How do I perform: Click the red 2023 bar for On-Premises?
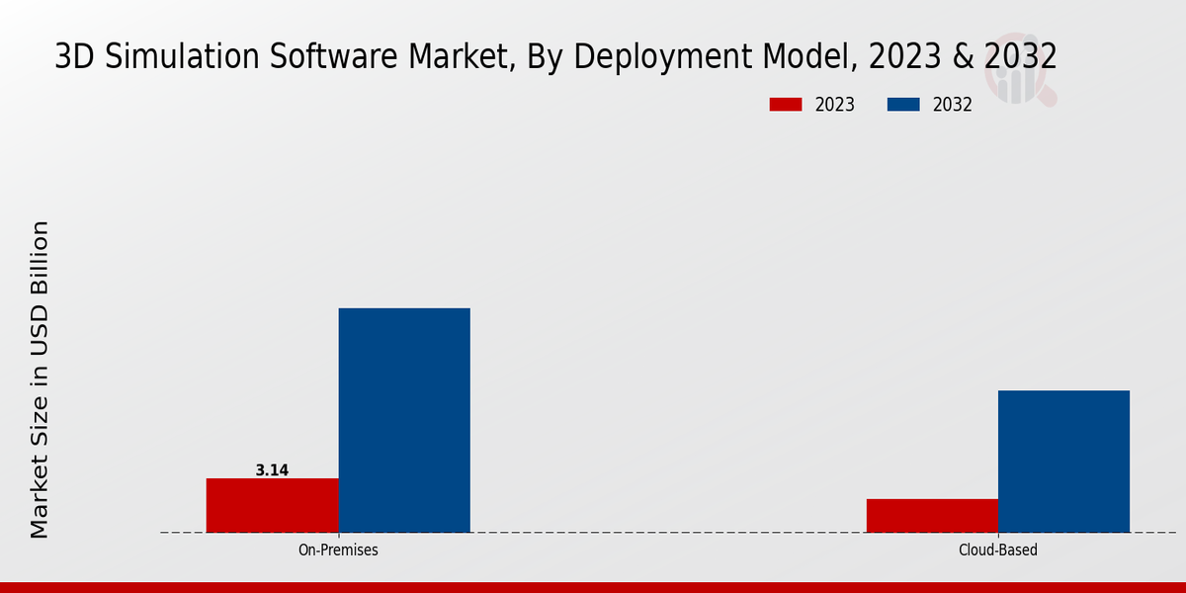click(272, 505)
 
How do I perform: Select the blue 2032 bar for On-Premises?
click(404, 420)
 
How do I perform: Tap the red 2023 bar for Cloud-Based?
click(932, 515)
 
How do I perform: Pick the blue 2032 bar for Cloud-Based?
click(1063, 461)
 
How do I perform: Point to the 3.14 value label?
click(272, 470)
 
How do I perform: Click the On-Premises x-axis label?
click(338, 550)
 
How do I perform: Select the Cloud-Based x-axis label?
click(998, 550)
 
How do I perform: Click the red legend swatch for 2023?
click(786, 105)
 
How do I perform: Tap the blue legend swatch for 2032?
click(904, 105)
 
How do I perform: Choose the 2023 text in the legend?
click(835, 105)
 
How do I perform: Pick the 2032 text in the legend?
click(953, 105)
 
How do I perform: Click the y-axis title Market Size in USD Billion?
click(40, 380)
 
